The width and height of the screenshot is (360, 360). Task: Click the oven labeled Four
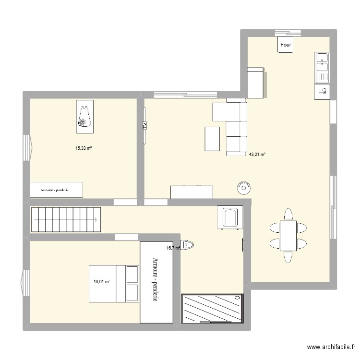286,45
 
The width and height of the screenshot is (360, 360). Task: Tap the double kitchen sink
321,67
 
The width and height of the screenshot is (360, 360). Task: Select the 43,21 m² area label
257,155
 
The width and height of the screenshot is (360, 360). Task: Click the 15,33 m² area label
83,148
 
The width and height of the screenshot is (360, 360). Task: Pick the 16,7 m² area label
173,248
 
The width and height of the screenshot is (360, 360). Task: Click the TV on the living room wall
144,126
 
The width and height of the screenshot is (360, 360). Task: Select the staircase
66,220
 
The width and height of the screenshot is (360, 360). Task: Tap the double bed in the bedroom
114,283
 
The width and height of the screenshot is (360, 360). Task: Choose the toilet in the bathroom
188,246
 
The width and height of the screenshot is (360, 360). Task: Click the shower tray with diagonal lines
212,310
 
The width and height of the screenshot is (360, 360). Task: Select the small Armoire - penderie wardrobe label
56,190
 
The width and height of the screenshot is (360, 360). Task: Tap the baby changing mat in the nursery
85,116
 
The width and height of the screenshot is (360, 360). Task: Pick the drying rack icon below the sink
322,91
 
